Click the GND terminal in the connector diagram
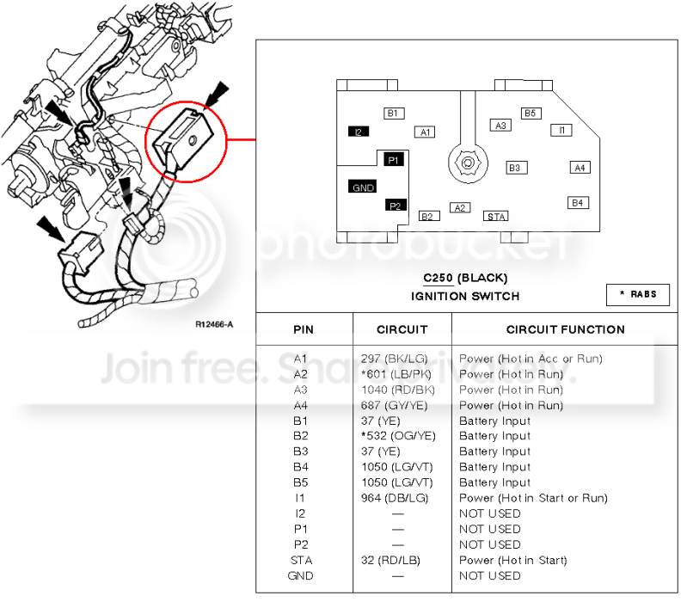[x=362, y=187]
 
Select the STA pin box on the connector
[x=495, y=216]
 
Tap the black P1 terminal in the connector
[x=393, y=160]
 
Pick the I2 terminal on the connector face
[x=359, y=132]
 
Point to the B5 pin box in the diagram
[x=531, y=113]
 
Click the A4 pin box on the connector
[x=580, y=168]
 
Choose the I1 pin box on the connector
[x=561, y=130]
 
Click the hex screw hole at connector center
[x=468, y=163]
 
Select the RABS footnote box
[x=638, y=294]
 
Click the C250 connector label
[x=439, y=278]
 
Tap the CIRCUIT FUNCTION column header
[x=565, y=329]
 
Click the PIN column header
[x=304, y=329]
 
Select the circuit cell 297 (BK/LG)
[x=394, y=359]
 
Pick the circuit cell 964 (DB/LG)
[x=395, y=498]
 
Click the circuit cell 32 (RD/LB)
[x=390, y=560]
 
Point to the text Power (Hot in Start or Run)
[x=533, y=498]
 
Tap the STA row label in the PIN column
[x=302, y=560]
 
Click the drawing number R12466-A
[x=214, y=324]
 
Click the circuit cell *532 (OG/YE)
[x=398, y=436]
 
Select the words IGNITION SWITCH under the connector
[x=465, y=296]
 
